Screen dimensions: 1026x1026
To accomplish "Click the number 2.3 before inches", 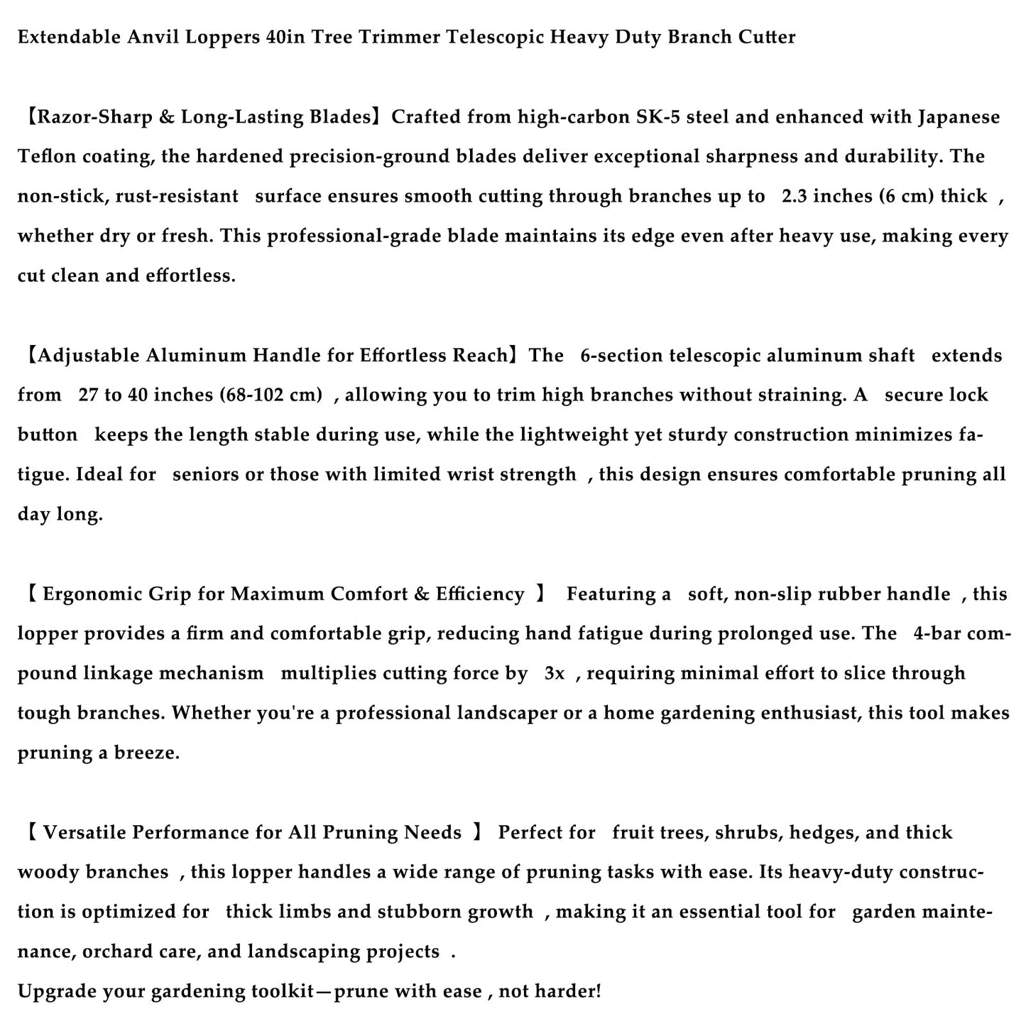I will (x=795, y=196).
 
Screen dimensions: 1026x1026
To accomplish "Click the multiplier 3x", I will (x=555, y=673).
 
